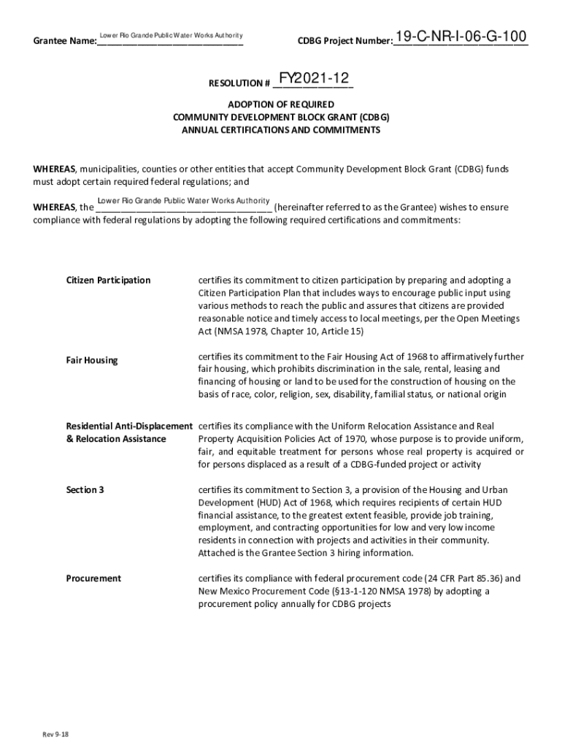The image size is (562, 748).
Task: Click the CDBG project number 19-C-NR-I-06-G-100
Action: (461, 37)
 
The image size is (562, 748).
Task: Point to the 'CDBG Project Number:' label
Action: (344, 42)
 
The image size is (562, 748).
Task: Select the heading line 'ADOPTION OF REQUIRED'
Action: (281, 104)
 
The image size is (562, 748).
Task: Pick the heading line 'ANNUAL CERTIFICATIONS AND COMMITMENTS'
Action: (281, 130)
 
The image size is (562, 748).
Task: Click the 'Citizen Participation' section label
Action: (108, 280)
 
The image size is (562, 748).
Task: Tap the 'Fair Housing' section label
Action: (91, 360)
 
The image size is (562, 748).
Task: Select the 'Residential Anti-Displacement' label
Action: (129, 425)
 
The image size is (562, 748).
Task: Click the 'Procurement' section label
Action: (93, 579)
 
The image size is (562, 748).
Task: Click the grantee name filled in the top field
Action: (171, 35)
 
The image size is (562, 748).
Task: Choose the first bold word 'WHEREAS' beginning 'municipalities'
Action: (55, 169)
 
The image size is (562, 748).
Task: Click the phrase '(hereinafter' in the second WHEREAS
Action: (301, 207)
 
